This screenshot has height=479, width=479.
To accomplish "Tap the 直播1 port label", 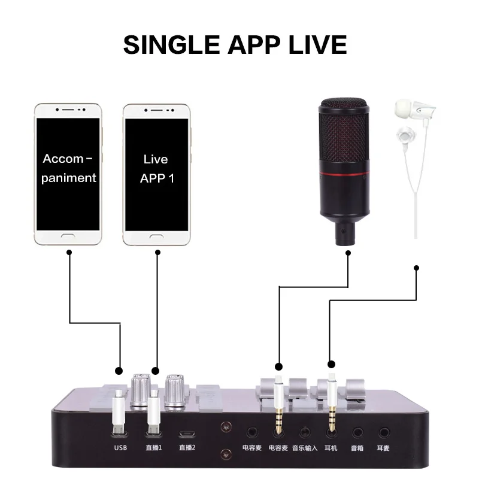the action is pos(154,447).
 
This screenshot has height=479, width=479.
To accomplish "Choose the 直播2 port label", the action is pos(187,447).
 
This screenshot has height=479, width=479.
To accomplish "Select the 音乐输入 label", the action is pos(304,447).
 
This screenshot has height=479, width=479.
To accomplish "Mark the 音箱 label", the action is pos(358,447).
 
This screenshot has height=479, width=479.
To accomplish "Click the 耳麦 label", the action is pos(384,447).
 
